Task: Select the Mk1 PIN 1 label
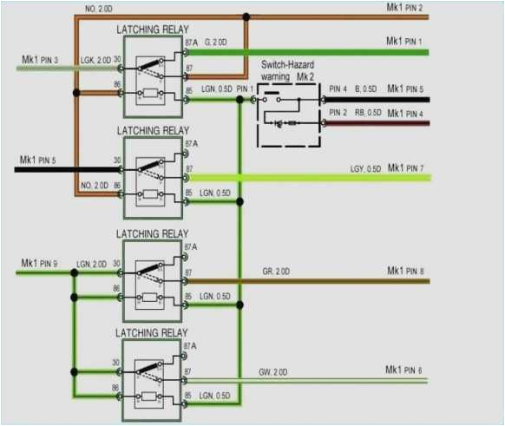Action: [x=405, y=42]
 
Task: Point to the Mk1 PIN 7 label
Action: [x=405, y=167]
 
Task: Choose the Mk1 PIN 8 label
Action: [x=405, y=272]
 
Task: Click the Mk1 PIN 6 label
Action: [x=404, y=370]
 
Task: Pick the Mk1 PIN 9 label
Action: [x=40, y=263]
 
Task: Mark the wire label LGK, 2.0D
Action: [x=95, y=59]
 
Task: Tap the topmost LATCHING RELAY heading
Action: [x=152, y=29]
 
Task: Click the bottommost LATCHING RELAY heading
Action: [x=152, y=332]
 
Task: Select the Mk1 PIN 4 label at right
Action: [x=405, y=113]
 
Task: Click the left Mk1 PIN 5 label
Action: [x=40, y=160]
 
